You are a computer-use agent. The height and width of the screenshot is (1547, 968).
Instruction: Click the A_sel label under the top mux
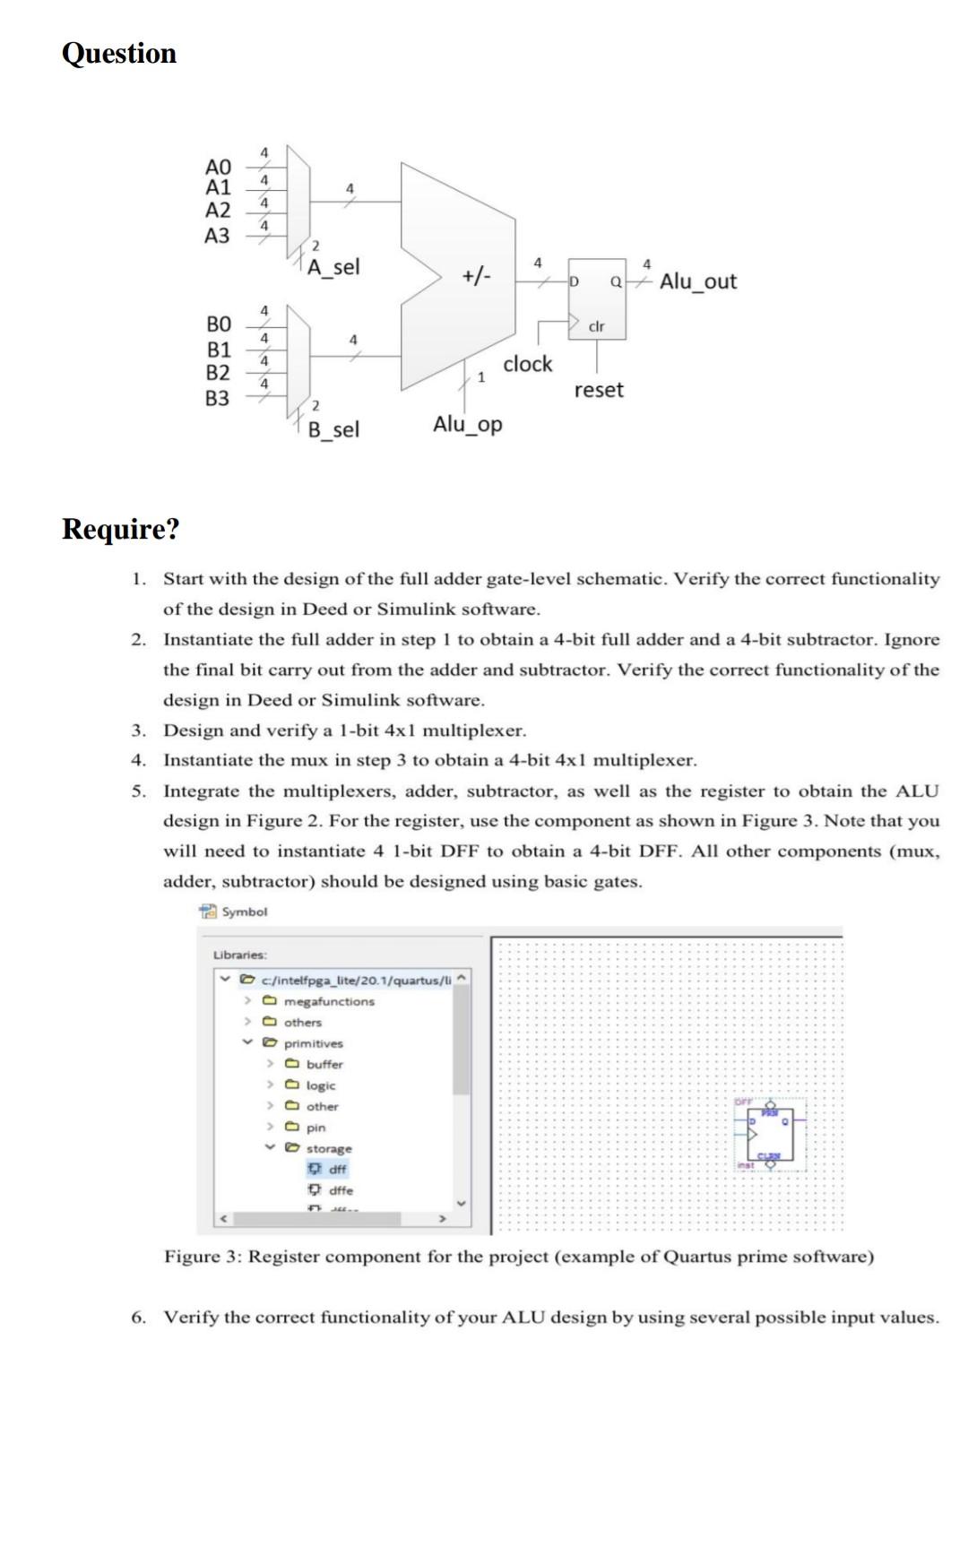(x=333, y=267)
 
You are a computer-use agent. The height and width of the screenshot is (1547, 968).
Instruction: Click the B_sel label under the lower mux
(x=333, y=430)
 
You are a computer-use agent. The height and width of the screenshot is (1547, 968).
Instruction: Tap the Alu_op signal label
(x=468, y=424)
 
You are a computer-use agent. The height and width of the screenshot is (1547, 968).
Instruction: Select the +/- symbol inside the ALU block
(x=476, y=275)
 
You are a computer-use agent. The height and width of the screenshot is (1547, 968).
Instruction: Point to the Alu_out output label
(x=697, y=281)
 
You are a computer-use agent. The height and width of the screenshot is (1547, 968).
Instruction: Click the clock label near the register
(x=527, y=365)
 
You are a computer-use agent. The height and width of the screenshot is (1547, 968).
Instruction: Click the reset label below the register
(x=599, y=391)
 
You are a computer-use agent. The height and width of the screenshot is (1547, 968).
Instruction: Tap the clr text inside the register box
(x=596, y=326)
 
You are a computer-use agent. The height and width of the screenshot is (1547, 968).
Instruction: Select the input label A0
(x=218, y=168)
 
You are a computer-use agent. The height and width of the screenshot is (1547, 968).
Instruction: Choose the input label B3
(x=218, y=398)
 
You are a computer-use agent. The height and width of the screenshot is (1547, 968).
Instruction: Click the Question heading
(x=119, y=54)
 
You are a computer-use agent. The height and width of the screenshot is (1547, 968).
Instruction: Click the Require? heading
(x=121, y=529)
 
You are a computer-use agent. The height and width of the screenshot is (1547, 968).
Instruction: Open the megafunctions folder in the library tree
(x=329, y=1001)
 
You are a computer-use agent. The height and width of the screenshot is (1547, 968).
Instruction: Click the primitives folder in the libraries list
(x=313, y=1043)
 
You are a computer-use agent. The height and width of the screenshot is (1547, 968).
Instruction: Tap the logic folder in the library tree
(x=320, y=1085)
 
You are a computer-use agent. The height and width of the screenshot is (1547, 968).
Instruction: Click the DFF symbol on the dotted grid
(x=770, y=1135)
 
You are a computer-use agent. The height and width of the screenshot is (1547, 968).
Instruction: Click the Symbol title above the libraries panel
(x=244, y=912)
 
